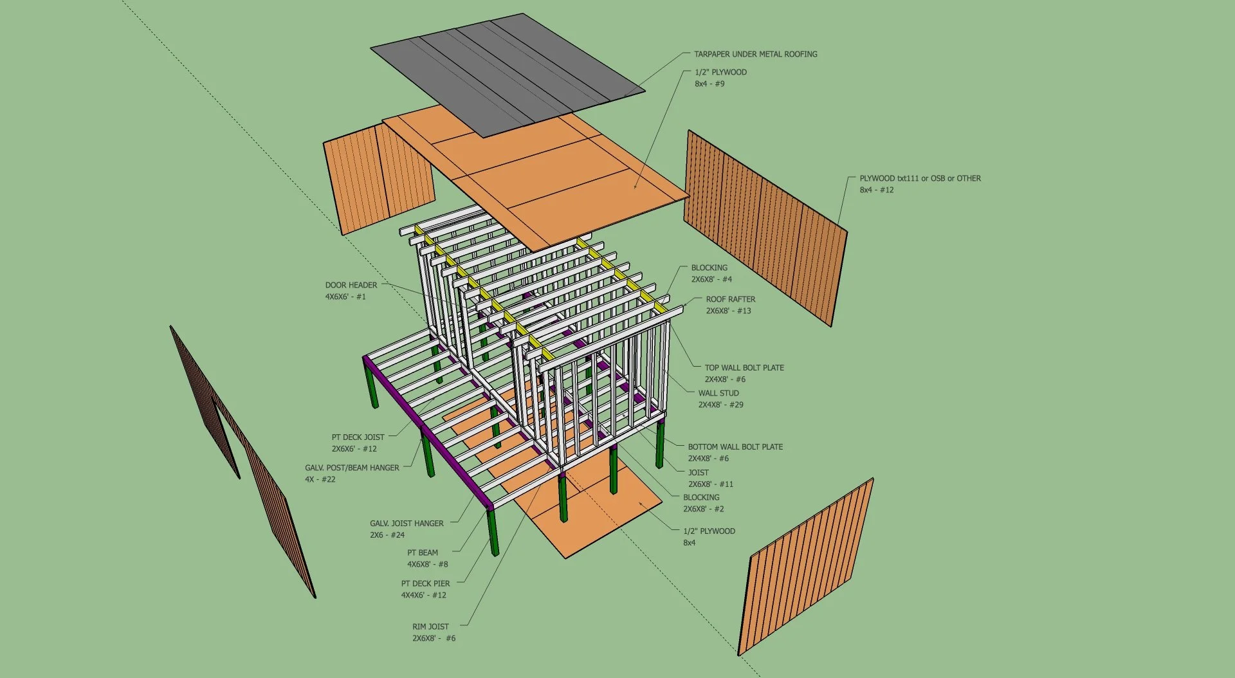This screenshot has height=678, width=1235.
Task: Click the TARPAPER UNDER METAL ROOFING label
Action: [x=755, y=54]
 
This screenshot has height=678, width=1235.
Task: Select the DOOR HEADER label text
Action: [x=351, y=285]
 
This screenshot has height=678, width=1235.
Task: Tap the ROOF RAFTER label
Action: [x=730, y=299]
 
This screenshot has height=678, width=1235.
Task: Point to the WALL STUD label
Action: [x=718, y=393]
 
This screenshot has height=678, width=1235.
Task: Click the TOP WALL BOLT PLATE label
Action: [x=744, y=368]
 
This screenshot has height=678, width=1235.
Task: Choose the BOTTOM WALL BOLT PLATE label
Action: [x=735, y=446]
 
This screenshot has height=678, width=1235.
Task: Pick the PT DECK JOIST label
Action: [x=358, y=437]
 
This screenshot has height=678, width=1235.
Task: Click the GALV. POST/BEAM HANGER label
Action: [x=352, y=468]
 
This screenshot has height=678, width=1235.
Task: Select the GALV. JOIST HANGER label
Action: [x=407, y=524]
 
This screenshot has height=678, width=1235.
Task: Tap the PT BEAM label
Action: [x=422, y=553]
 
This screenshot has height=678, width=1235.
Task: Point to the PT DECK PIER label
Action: [x=425, y=583]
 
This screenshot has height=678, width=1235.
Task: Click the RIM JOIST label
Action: [x=430, y=627]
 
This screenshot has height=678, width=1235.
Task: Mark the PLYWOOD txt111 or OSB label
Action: [x=920, y=178]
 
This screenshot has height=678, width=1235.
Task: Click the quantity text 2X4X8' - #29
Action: [x=720, y=405]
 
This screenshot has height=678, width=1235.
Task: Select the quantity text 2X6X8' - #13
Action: [x=728, y=311]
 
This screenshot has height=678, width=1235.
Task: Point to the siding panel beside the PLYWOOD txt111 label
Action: [x=765, y=225]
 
